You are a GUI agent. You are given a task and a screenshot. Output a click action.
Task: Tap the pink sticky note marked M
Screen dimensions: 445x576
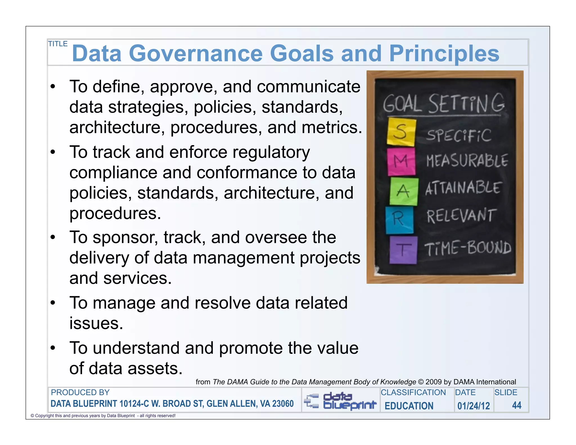[x=401, y=161]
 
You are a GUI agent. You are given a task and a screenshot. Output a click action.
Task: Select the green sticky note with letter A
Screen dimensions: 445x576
[x=404, y=192]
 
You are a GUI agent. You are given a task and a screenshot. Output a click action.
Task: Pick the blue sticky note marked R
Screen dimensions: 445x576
[x=399, y=220]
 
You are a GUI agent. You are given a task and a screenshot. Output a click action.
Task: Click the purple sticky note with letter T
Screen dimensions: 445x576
[x=403, y=250]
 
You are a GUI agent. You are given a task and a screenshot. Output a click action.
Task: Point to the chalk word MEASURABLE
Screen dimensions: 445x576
[x=467, y=161]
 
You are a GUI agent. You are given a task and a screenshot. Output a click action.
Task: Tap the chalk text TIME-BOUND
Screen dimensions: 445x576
[x=468, y=248]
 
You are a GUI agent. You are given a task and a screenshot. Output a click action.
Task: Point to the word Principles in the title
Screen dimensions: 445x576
[x=444, y=53]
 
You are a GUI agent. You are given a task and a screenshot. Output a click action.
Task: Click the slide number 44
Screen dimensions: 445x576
[x=517, y=405]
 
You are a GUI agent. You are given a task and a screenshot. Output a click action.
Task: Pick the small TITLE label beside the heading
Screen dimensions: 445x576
[x=58, y=44]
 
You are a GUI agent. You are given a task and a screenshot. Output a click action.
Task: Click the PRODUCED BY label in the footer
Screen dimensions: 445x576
[x=80, y=392]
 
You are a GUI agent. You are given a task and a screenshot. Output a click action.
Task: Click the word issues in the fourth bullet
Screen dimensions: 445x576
[x=96, y=323]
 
